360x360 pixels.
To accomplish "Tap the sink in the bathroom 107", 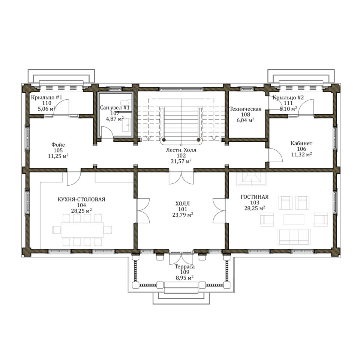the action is [x=126, y=125].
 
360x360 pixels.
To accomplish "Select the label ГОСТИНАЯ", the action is [x=254, y=197].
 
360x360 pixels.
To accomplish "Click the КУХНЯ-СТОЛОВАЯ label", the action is [x=81, y=199].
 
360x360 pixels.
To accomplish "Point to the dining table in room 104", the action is [x=82, y=229].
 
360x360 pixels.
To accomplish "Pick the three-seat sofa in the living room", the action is [x=294, y=237].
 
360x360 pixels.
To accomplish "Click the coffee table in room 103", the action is [x=294, y=220].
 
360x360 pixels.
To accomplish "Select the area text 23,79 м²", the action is [x=183, y=215].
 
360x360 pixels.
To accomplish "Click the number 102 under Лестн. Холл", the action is [x=181, y=156].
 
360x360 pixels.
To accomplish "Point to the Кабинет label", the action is [x=301, y=143].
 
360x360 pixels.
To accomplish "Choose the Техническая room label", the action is [x=245, y=109].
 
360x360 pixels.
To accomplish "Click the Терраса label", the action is [x=184, y=267].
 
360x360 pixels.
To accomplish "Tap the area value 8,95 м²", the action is [x=184, y=278].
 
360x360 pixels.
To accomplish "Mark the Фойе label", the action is [x=58, y=145].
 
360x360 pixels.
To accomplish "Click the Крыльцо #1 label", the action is [x=46, y=97].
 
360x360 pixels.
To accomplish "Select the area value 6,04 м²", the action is [x=245, y=120].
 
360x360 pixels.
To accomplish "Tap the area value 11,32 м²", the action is [x=301, y=154].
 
